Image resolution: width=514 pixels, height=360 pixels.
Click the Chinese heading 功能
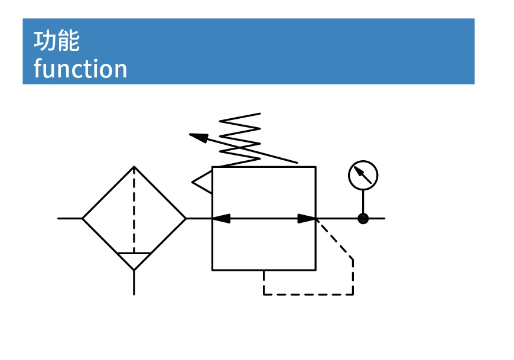[x=57, y=41]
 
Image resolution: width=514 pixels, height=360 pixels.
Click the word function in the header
[x=80, y=69]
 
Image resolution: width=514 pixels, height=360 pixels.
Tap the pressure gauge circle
[x=363, y=175]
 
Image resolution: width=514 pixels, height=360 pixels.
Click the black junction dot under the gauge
[x=363, y=219]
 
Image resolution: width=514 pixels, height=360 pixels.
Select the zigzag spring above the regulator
[x=240, y=140]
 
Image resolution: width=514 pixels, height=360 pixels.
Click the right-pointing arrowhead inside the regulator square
[x=307, y=219]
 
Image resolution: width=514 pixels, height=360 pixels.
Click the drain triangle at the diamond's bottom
[x=134, y=260]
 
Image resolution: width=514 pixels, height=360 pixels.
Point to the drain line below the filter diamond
[x=134, y=283]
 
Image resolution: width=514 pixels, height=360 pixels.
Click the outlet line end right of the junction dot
[x=382, y=219]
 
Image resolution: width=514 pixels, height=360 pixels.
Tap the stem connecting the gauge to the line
[x=363, y=202]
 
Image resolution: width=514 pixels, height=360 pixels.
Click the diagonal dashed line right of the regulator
[x=336, y=239]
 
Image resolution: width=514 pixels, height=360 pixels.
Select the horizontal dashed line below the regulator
[x=308, y=294]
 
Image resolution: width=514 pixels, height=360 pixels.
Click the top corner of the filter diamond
[x=134, y=167]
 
